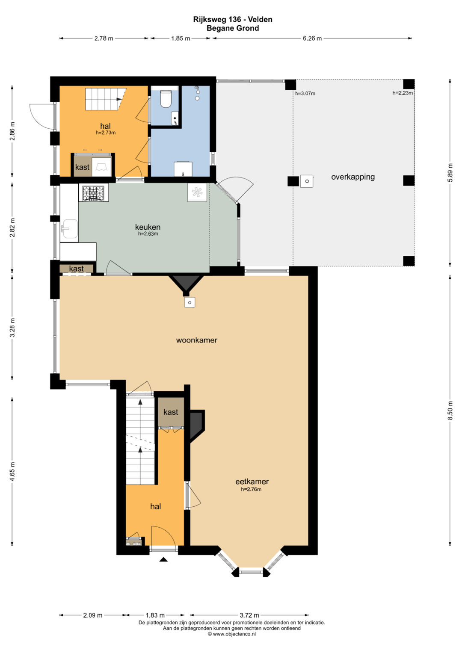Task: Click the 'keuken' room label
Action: coord(148,227)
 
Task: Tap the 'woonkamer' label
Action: coord(197,340)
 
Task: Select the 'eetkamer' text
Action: coord(252,482)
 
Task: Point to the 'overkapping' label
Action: coord(353,177)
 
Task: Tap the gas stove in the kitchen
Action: coord(93,193)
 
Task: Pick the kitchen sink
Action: coord(69,229)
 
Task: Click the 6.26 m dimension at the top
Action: coord(312,38)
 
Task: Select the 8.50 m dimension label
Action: coord(450,410)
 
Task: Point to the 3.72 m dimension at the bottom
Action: coord(249,615)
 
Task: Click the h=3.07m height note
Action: coord(305,94)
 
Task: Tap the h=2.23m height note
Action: coord(403,93)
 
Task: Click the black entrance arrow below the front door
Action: coord(163,559)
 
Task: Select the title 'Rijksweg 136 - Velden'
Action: coord(233,20)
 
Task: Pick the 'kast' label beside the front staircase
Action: coord(171,412)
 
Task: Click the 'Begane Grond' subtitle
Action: coord(233,28)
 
